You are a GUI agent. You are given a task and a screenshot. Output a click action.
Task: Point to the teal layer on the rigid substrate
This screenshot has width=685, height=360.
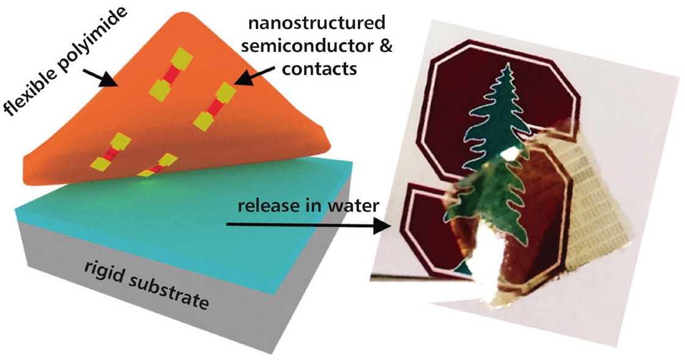(x=201, y=214)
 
